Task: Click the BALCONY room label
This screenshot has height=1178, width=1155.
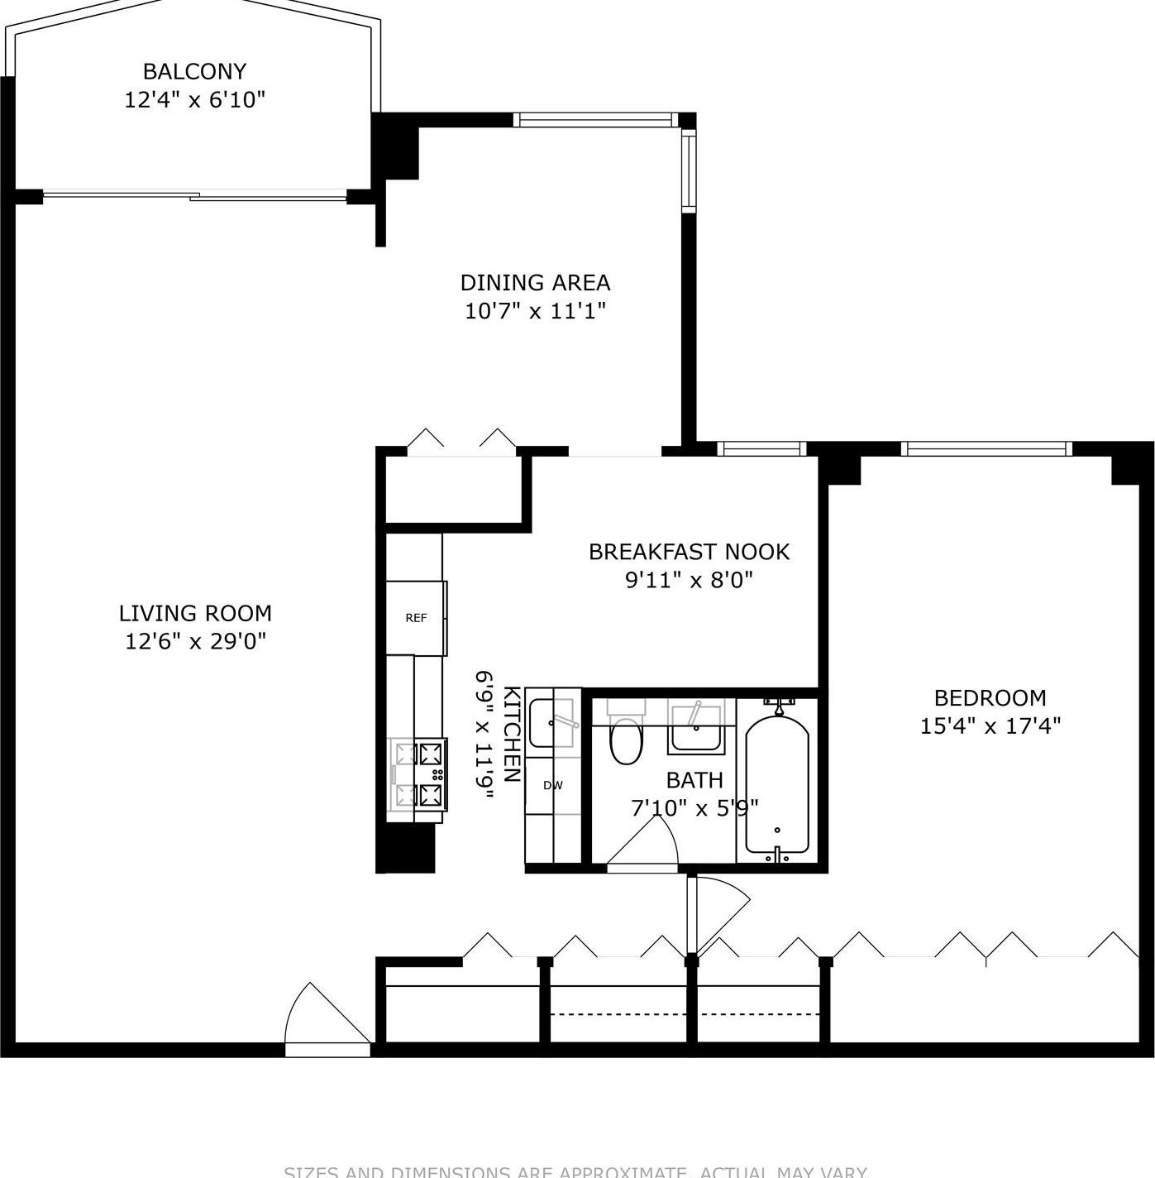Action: pyautogui.click(x=194, y=71)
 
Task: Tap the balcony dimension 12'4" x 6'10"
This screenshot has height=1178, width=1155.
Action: pyautogui.click(x=194, y=100)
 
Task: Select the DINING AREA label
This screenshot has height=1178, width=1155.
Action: pyautogui.click(x=535, y=283)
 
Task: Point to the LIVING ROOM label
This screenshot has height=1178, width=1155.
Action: pyautogui.click(x=195, y=613)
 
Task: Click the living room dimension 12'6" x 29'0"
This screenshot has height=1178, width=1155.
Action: pyautogui.click(x=195, y=641)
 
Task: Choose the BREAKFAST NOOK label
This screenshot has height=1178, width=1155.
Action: pyautogui.click(x=689, y=552)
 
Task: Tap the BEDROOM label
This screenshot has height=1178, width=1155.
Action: pyautogui.click(x=990, y=697)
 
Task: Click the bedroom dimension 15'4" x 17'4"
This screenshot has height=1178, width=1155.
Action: pyautogui.click(x=990, y=726)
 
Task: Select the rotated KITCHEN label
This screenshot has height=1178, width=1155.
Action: pyautogui.click(x=512, y=734)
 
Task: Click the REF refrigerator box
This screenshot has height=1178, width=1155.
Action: pyautogui.click(x=416, y=618)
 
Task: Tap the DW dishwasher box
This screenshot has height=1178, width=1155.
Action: pyautogui.click(x=553, y=785)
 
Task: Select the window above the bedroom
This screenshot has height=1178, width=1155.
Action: pyautogui.click(x=986, y=449)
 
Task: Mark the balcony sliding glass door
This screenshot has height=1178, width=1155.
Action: pyautogui.click(x=194, y=196)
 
